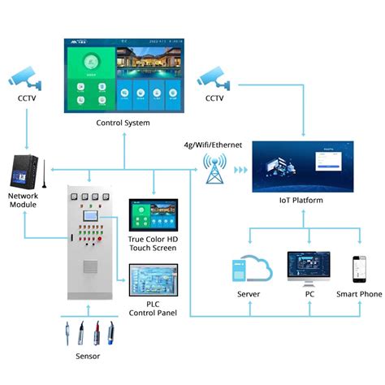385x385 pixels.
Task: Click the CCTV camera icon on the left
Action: click(24, 77)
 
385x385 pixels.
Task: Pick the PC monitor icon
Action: click(308, 268)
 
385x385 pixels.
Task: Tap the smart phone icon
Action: click(358, 270)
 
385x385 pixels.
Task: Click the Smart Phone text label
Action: click(358, 294)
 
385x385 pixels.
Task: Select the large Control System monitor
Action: click(119, 76)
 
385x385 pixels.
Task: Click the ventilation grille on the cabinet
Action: click(93, 268)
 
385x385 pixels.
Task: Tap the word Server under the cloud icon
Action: click(249, 294)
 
